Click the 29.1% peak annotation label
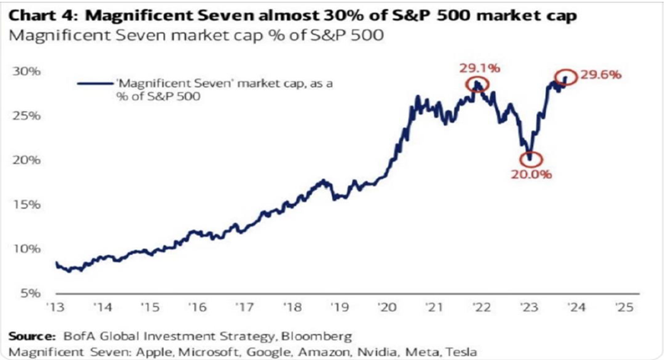[x=479, y=68]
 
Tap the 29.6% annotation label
[x=602, y=75]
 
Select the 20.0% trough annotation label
[x=531, y=174]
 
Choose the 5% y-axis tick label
[x=30, y=293]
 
